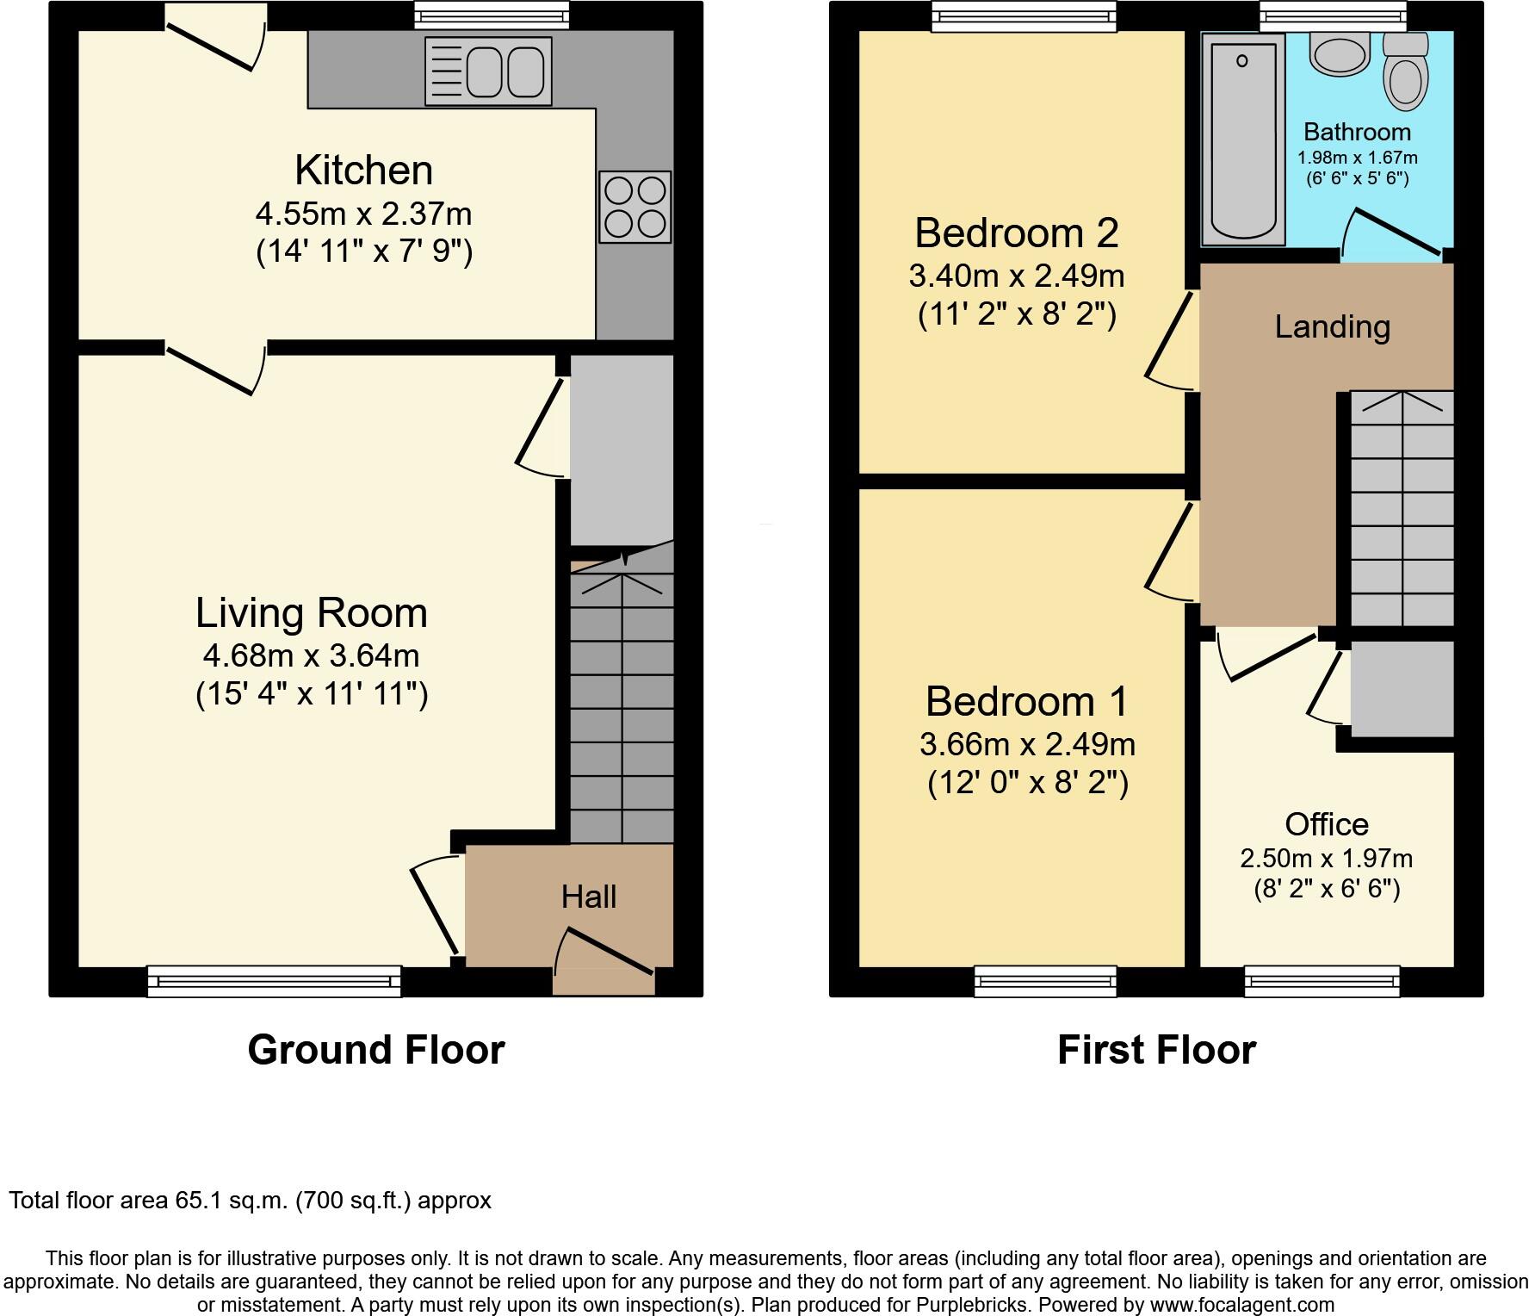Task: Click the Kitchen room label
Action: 363,171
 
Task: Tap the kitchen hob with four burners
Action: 635,207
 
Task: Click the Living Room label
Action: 311,613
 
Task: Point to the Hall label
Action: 589,897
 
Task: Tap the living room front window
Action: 274,981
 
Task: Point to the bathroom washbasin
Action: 1339,53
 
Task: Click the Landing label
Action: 1332,327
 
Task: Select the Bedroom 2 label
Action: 1016,233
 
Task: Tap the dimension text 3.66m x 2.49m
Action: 1027,744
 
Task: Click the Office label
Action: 1326,824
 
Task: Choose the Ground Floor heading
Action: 375,1050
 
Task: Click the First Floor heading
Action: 1156,1050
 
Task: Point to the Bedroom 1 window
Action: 1045,981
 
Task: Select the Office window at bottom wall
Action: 1322,981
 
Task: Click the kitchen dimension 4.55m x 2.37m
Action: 363,214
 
